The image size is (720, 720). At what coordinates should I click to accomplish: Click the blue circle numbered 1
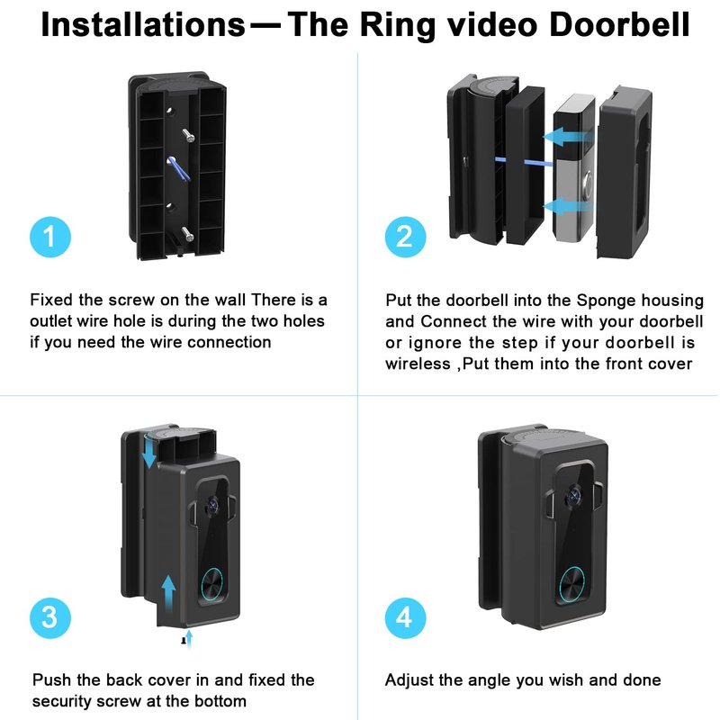(x=49, y=237)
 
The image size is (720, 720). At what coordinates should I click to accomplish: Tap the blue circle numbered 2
(x=404, y=237)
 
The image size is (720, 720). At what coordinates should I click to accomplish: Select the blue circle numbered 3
(x=49, y=617)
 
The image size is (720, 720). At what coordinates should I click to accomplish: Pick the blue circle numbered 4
(x=404, y=617)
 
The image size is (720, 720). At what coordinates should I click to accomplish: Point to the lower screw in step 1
(x=188, y=233)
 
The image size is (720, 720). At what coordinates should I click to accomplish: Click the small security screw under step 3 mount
(x=184, y=640)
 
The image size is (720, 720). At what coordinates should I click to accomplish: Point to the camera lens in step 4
(x=571, y=494)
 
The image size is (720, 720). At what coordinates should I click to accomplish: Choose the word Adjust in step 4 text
(x=409, y=680)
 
